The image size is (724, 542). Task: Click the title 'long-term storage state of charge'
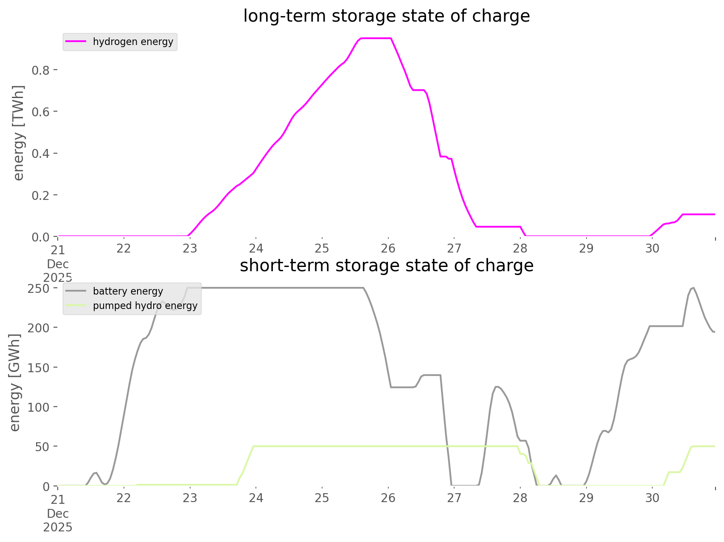click(386, 16)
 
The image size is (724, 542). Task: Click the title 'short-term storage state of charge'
click(386, 266)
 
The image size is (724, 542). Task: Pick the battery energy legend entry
click(128, 291)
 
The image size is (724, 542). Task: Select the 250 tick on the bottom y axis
click(39, 288)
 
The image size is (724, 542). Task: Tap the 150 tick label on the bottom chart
click(39, 368)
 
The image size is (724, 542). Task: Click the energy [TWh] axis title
click(19, 133)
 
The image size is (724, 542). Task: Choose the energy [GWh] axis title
click(15, 382)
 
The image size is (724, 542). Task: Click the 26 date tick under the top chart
click(388, 248)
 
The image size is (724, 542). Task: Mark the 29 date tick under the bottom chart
click(586, 498)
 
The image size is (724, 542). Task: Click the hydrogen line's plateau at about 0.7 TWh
click(418, 90)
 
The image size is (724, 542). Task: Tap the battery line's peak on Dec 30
click(693, 288)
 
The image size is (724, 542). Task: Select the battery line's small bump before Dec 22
click(96, 472)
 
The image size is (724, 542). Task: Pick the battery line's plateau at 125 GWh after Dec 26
click(402, 387)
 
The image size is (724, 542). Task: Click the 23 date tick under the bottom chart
click(190, 498)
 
